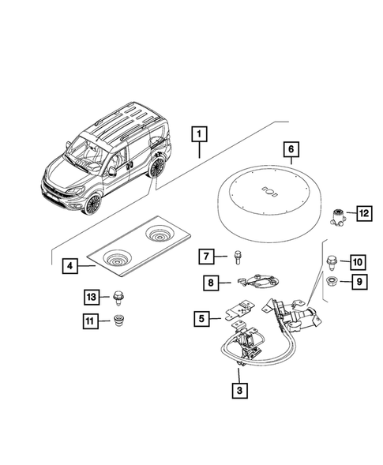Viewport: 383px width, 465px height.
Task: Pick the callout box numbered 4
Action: (x=70, y=267)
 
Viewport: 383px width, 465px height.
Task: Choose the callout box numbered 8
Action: (x=212, y=281)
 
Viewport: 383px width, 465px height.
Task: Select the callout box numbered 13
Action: (x=92, y=296)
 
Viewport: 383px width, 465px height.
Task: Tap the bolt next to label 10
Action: (x=332, y=261)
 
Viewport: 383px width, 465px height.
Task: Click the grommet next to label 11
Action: (x=120, y=321)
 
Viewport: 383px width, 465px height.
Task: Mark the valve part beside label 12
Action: (x=340, y=215)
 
